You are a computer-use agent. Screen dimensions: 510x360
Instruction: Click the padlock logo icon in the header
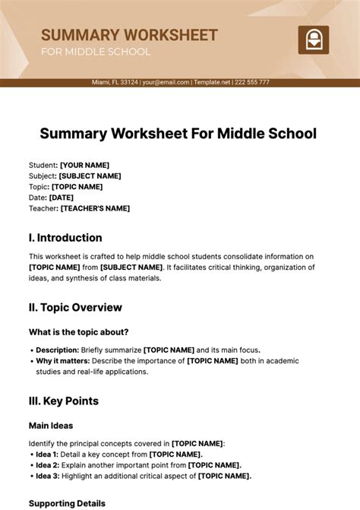point(313,40)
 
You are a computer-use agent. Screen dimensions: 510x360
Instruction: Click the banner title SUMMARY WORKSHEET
point(129,35)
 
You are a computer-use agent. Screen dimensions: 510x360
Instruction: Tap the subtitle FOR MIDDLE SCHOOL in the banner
point(96,52)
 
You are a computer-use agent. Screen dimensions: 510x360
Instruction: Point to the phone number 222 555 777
point(252,82)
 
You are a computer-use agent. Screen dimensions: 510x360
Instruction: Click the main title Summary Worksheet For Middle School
point(178,134)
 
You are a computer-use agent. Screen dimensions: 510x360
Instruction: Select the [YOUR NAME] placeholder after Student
point(84,165)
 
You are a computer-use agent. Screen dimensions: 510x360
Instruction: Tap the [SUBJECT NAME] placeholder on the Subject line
point(90,176)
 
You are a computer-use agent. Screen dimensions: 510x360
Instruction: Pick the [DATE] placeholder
point(61,198)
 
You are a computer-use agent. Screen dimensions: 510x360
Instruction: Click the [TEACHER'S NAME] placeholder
point(95,208)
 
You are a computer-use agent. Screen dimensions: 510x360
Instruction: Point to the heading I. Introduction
point(65,237)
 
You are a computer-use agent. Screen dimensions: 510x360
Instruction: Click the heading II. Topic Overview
point(75,308)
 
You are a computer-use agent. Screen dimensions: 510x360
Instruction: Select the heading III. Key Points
point(64,401)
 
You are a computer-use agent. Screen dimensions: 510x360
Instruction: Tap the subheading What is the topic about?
point(78,332)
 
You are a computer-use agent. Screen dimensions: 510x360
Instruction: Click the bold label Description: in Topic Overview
point(57,350)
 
